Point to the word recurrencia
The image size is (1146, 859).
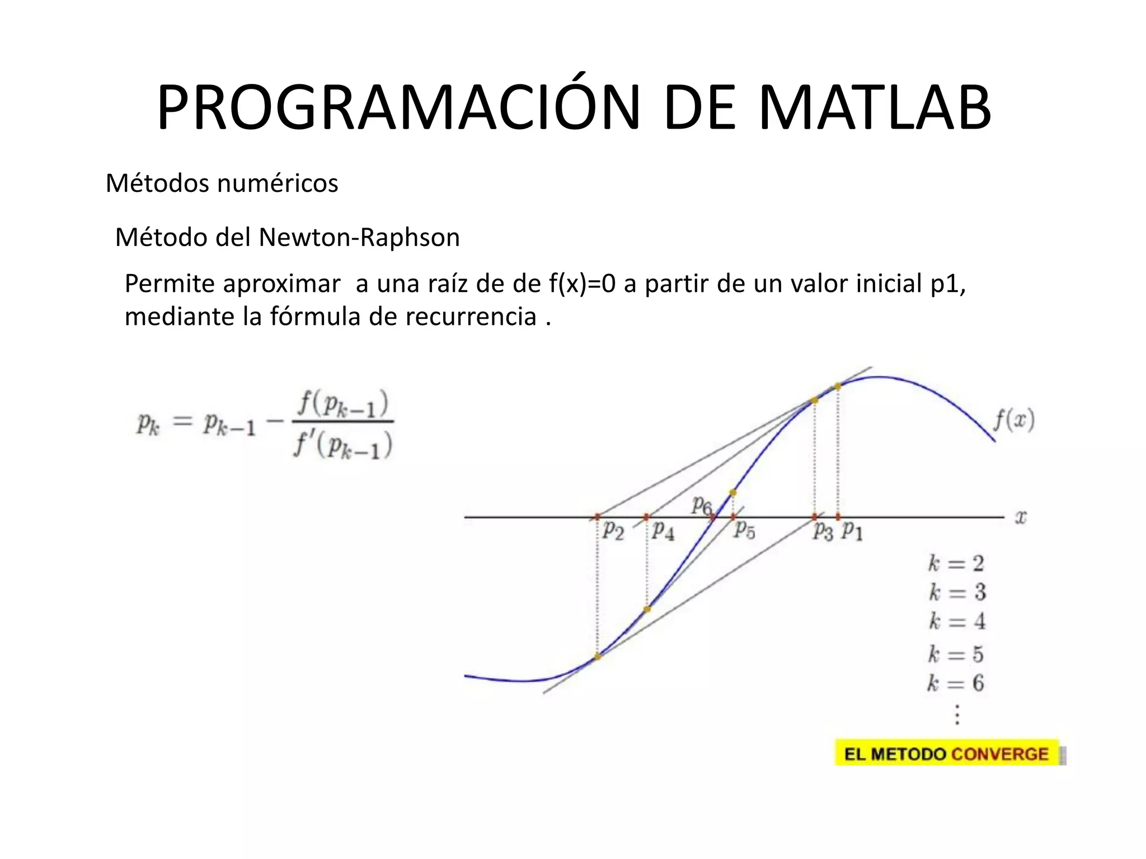click(471, 317)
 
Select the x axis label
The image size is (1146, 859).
click(1021, 517)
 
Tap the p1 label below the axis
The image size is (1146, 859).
click(852, 530)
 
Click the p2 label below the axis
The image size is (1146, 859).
click(613, 530)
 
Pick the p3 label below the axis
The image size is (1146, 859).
click(823, 531)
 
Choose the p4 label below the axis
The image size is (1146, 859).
click(663, 530)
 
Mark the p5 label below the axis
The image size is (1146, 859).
click(745, 529)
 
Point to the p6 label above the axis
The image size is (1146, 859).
click(701, 505)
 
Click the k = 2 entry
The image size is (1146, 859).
click(956, 563)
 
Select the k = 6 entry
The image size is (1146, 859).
click(956, 683)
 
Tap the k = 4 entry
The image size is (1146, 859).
click(957, 621)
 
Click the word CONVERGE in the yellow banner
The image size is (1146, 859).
click(999, 754)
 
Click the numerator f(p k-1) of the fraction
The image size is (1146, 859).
click(343, 404)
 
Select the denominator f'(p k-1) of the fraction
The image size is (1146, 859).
click(343, 446)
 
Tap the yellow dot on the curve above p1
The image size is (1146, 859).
click(838, 386)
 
